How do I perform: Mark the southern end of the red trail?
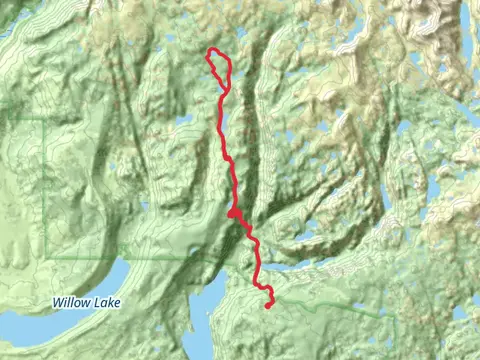click(x=269, y=306)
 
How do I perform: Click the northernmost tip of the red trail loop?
click(x=211, y=51)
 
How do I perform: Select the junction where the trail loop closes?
click(x=222, y=85)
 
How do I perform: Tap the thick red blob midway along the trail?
click(x=232, y=212)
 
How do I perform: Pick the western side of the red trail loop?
click(x=210, y=64)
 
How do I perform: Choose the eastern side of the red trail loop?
click(x=230, y=69)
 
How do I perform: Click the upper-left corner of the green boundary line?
click(x=46, y=120)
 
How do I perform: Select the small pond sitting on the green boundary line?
click(x=191, y=249)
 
